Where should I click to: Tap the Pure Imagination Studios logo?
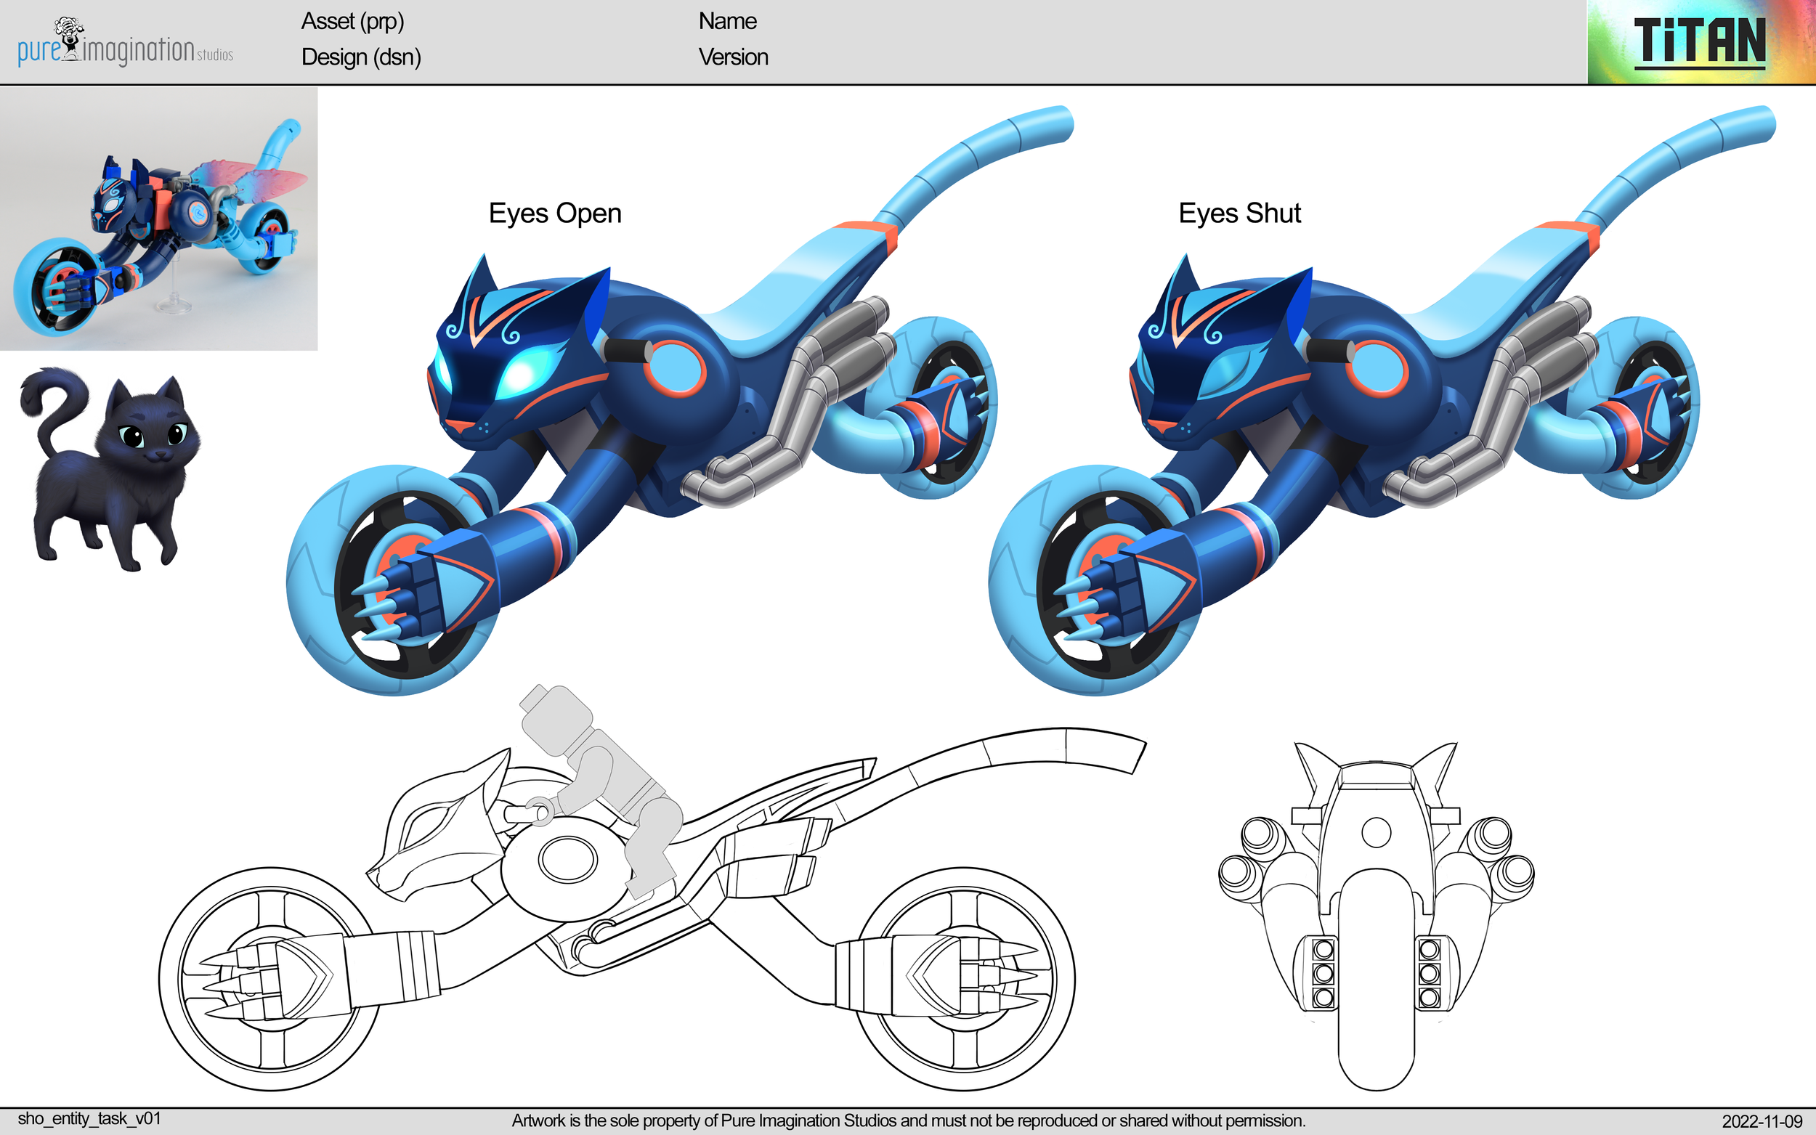(125, 45)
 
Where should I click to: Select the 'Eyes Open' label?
(555, 213)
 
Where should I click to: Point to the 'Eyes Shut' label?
(1239, 213)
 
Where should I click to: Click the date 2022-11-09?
(1762, 1120)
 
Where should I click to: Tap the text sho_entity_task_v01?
(89, 1118)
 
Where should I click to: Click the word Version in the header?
(733, 57)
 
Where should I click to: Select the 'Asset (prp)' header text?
(352, 21)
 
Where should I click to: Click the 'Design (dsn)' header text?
(361, 57)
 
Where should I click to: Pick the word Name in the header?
(726, 21)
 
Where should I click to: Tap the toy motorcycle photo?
(158, 219)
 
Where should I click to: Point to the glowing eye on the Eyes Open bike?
(529, 370)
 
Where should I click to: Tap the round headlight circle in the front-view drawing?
(1375, 831)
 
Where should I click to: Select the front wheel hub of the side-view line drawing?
(269, 977)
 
